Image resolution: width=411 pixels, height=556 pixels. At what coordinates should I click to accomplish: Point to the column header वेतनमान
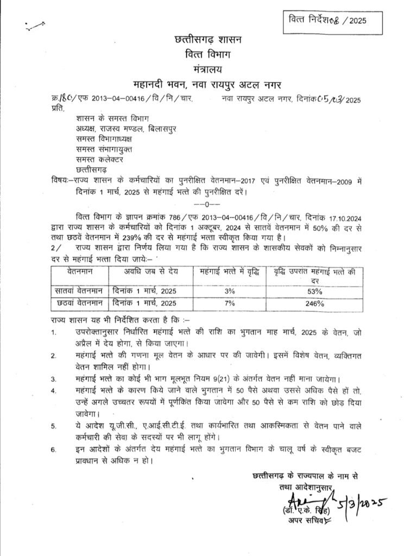(x=77, y=270)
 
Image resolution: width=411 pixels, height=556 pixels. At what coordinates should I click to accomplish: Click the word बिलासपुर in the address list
(x=159, y=128)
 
